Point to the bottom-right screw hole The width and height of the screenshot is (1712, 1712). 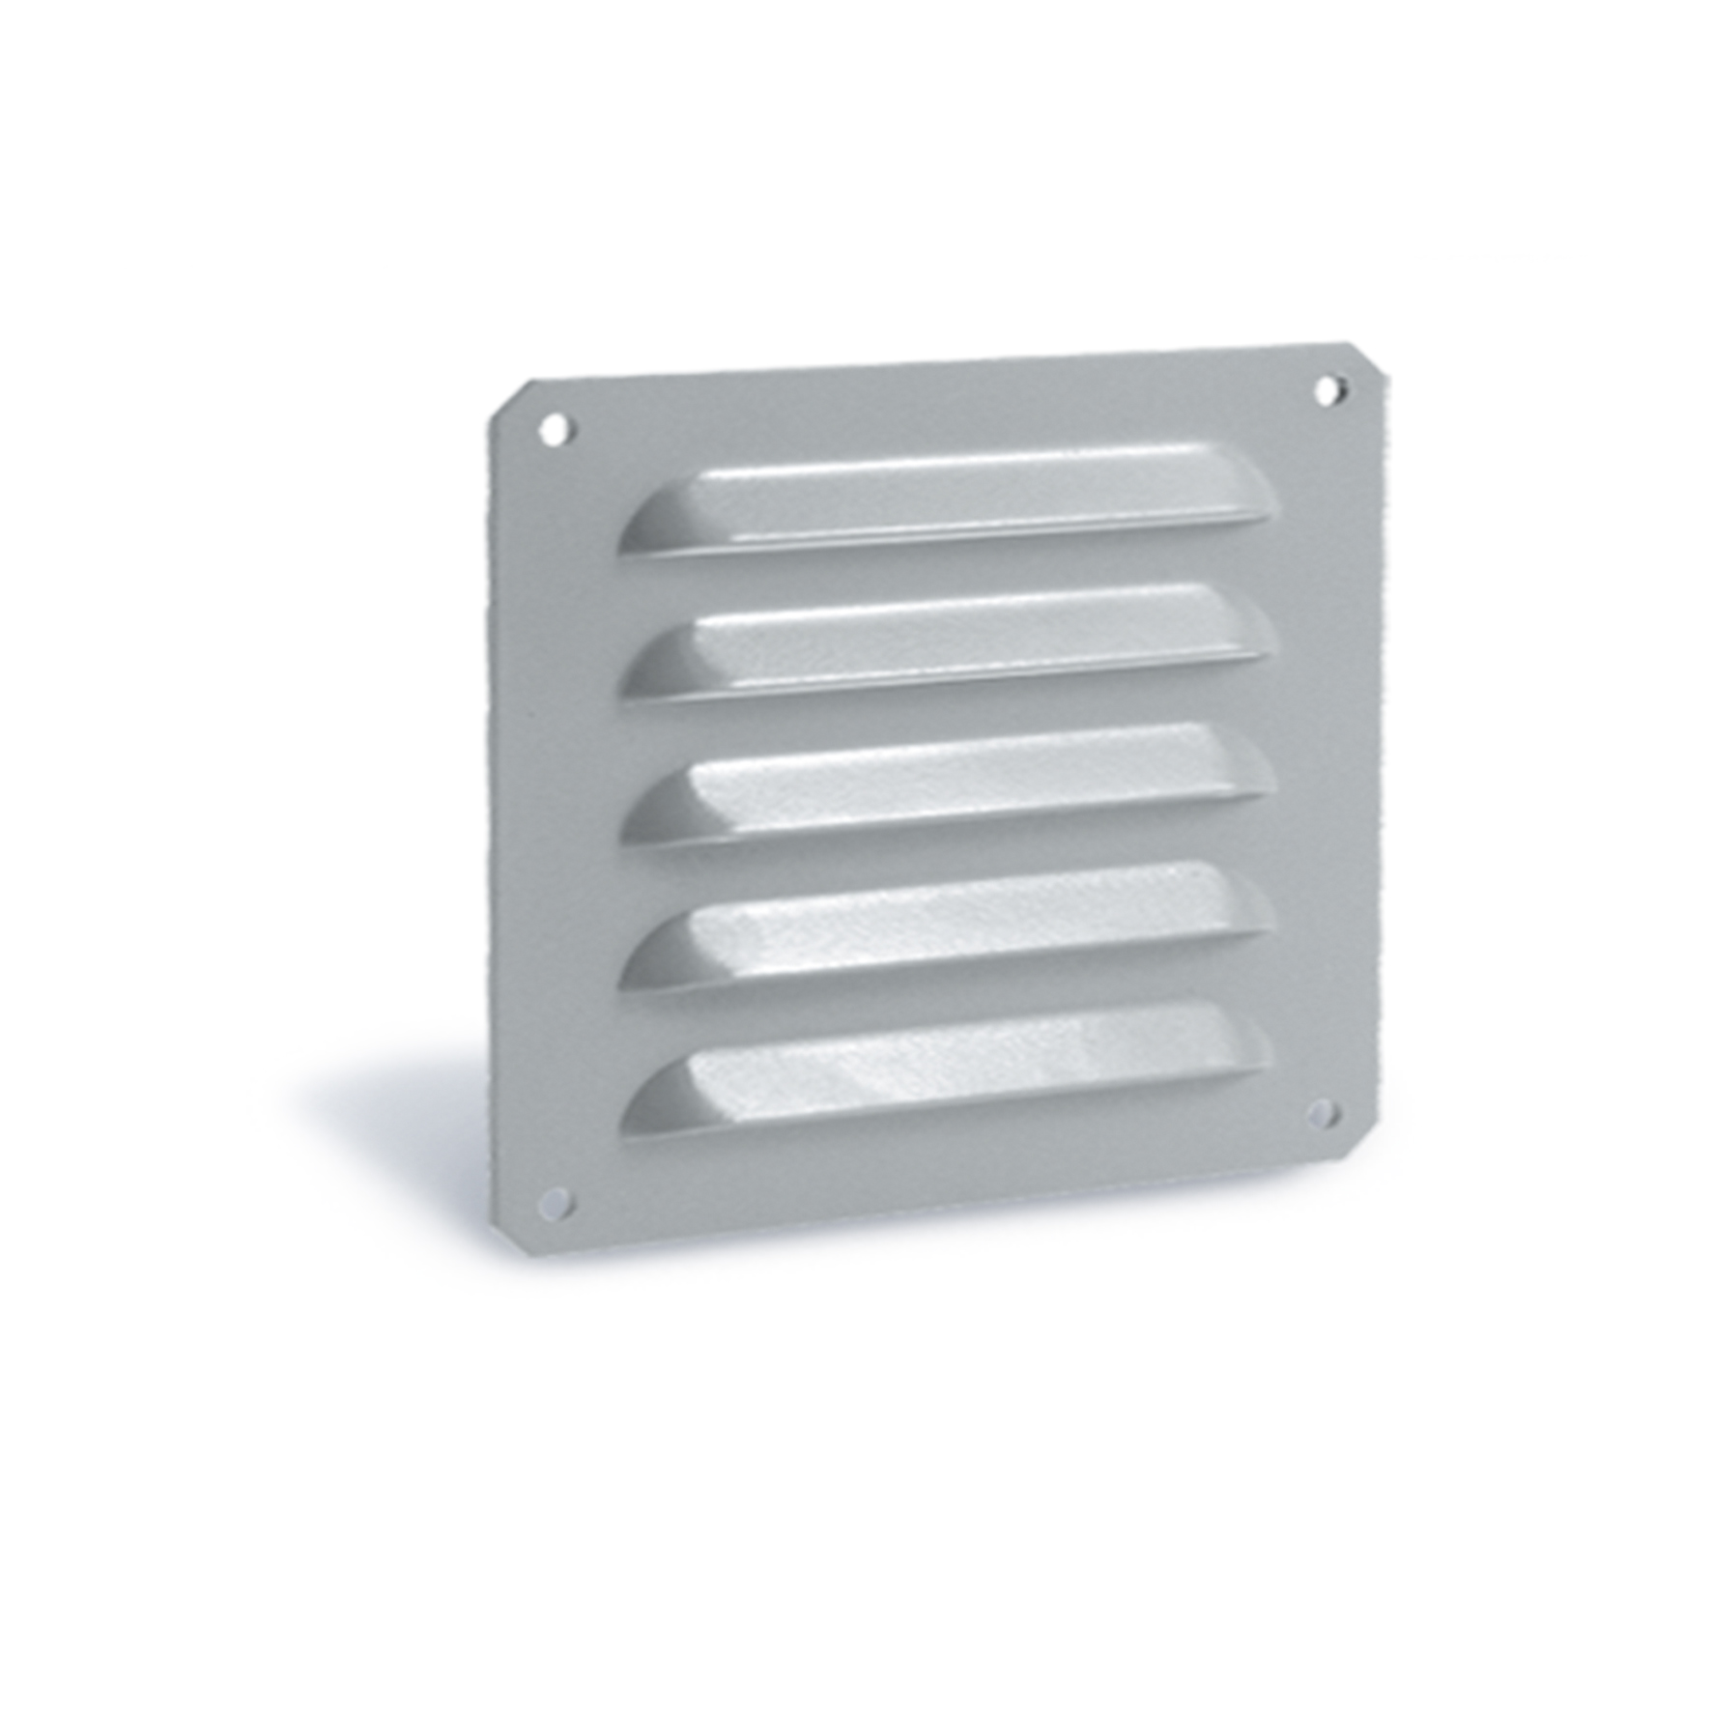[x=1322, y=1114]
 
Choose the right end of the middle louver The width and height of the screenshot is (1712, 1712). [x=1253, y=768]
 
